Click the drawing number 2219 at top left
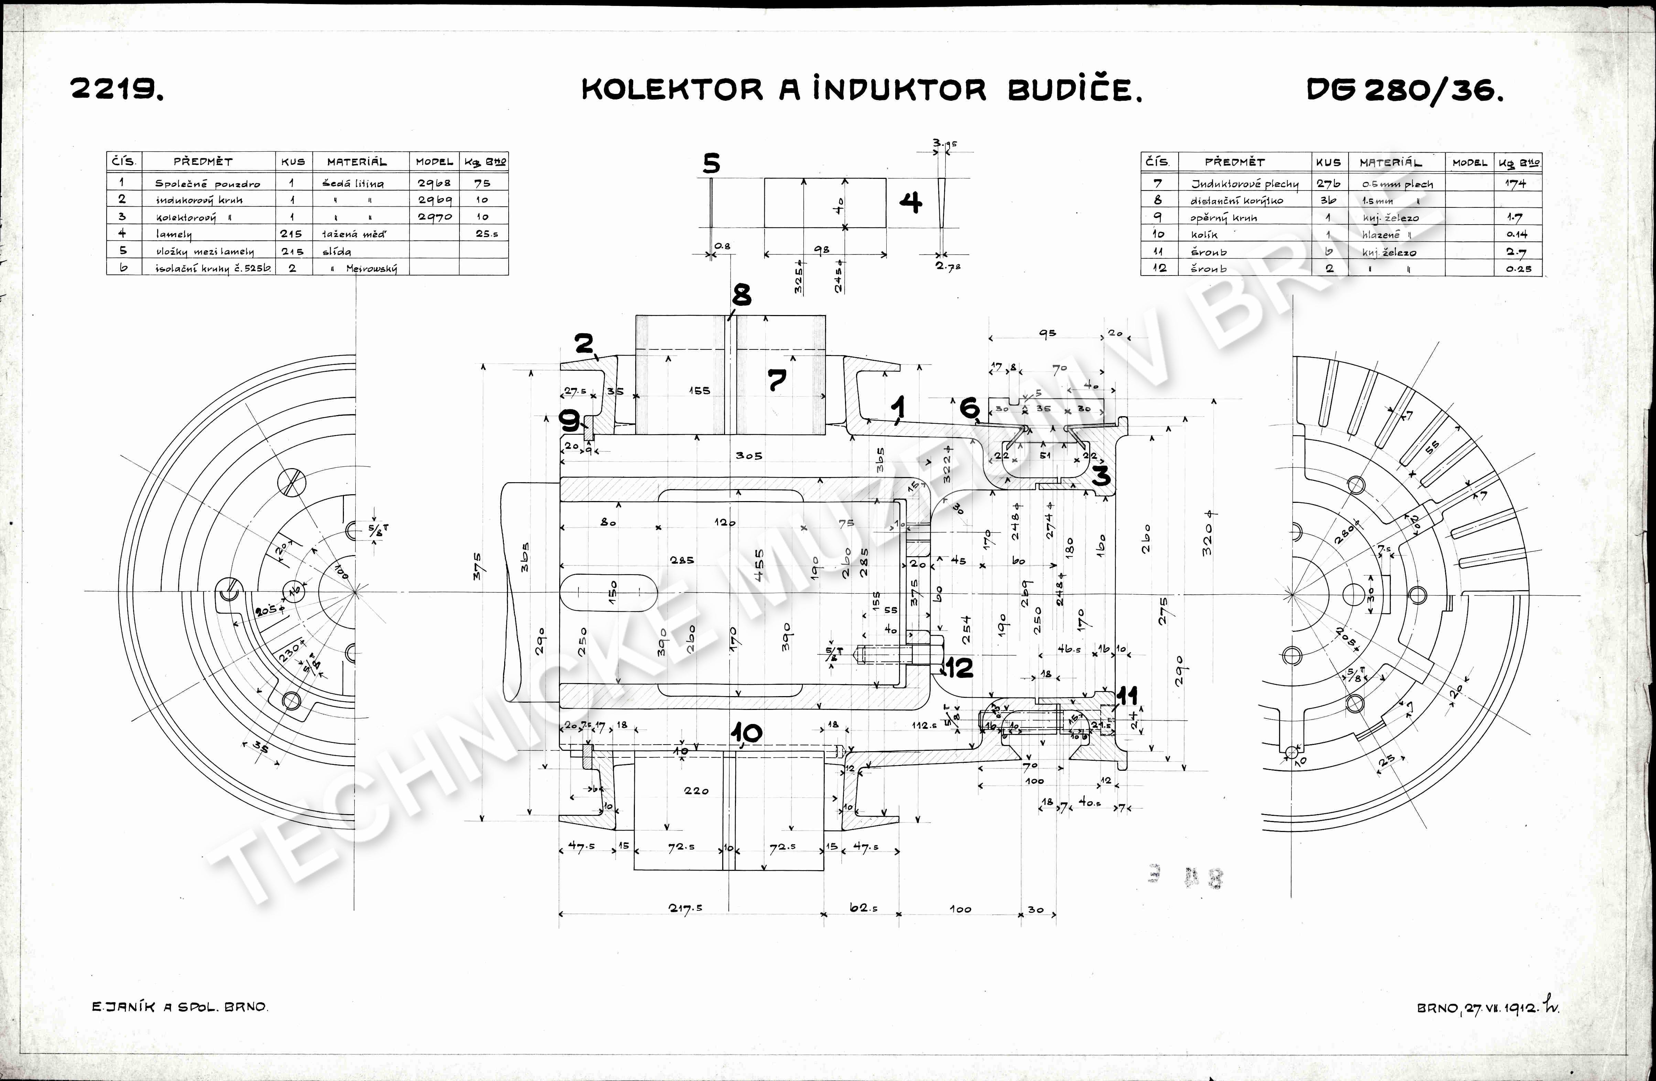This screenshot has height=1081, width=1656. [117, 89]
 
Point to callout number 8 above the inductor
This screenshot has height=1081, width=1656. [742, 295]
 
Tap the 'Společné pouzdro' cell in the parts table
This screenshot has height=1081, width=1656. [207, 184]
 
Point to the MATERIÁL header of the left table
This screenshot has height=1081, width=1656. [356, 161]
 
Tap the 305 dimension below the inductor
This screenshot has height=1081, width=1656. [749, 456]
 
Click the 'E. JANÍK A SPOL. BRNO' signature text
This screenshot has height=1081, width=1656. [180, 1007]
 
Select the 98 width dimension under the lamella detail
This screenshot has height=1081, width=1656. [822, 250]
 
